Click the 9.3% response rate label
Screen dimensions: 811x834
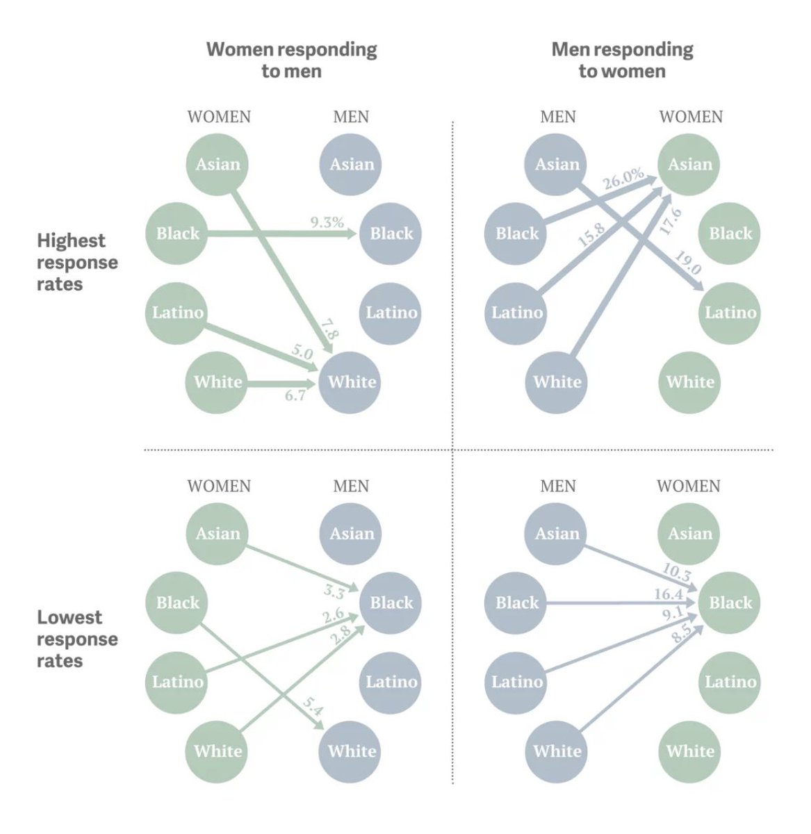(x=327, y=222)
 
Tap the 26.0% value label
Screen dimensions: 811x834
(x=623, y=179)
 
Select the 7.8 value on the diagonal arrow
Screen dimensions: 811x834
(x=329, y=329)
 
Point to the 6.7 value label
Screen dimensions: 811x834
(x=295, y=395)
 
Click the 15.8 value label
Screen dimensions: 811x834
(x=591, y=236)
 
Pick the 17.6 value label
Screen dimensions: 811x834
(x=670, y=221)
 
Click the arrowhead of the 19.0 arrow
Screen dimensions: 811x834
(x=698, y=285)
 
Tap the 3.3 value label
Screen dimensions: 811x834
(x=334, y=592)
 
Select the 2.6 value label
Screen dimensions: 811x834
(x=333, y=616)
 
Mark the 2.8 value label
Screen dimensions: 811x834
(x=341, y=635)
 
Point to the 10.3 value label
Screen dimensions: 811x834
(x=676, y=572)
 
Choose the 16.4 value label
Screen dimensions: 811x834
(x=669, y=594)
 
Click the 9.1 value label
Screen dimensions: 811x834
(x=673, y=614)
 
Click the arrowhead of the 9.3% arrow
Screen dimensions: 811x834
(x=352, y=234)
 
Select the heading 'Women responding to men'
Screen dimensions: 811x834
(x=291, y=60)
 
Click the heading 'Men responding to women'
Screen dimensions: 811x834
(x=622, y=60)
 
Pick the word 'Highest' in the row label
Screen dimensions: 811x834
(x=71, y=241)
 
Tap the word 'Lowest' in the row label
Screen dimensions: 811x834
(x=69, y=617)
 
